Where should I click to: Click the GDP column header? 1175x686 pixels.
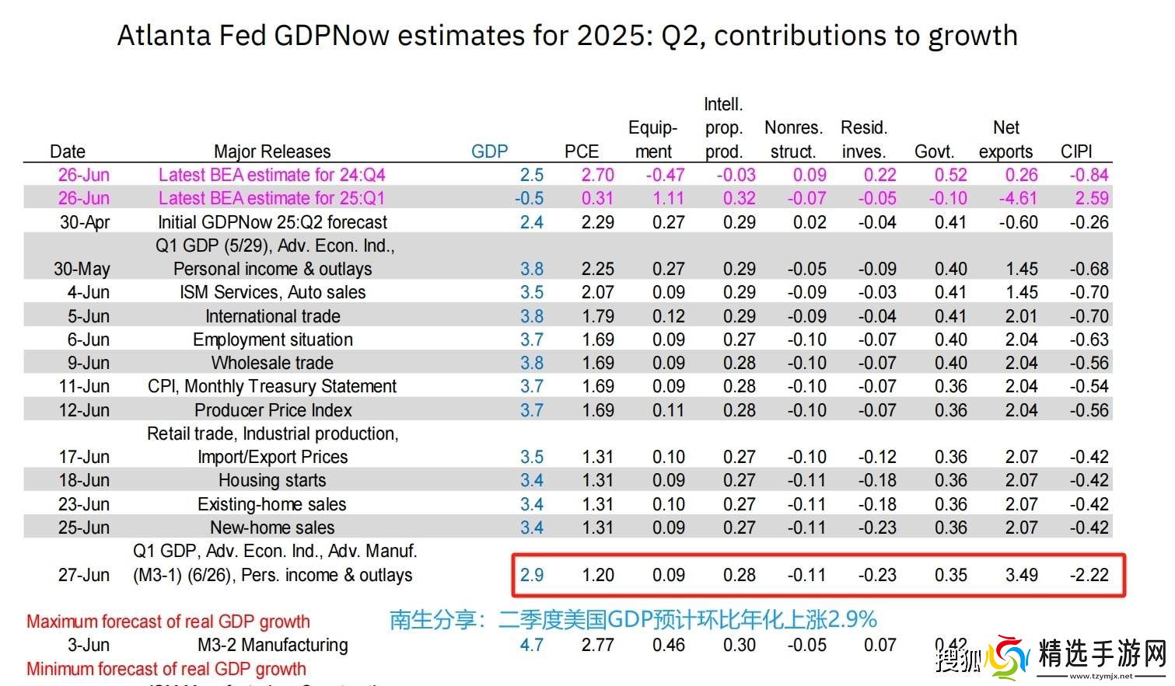click(489, 151)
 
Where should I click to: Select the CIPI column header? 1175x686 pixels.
click(1076, 151)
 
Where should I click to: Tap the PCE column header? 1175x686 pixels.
click(582, 151)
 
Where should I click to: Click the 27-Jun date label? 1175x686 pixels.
click(84, 575)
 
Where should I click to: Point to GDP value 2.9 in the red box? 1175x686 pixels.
click(532, 575)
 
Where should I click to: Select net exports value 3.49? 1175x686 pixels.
click(1021, 575)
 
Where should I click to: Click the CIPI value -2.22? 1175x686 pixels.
click(1089, 575)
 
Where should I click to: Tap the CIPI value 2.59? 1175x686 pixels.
click(1092, 198)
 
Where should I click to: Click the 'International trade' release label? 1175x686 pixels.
click(273, 316)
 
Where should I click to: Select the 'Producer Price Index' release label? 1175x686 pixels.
click(273, 410)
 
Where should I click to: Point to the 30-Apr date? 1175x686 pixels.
click(85, 222)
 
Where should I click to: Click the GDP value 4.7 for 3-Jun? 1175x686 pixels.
click(532, 645)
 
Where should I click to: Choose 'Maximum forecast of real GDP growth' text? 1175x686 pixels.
click(168, 622)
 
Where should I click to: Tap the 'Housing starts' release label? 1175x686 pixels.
click(272, 480)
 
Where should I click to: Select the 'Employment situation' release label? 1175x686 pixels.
click(273, 340)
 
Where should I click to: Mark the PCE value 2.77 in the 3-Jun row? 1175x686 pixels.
click(597, 645)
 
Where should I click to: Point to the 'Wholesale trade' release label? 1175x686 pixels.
click(272, 363)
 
